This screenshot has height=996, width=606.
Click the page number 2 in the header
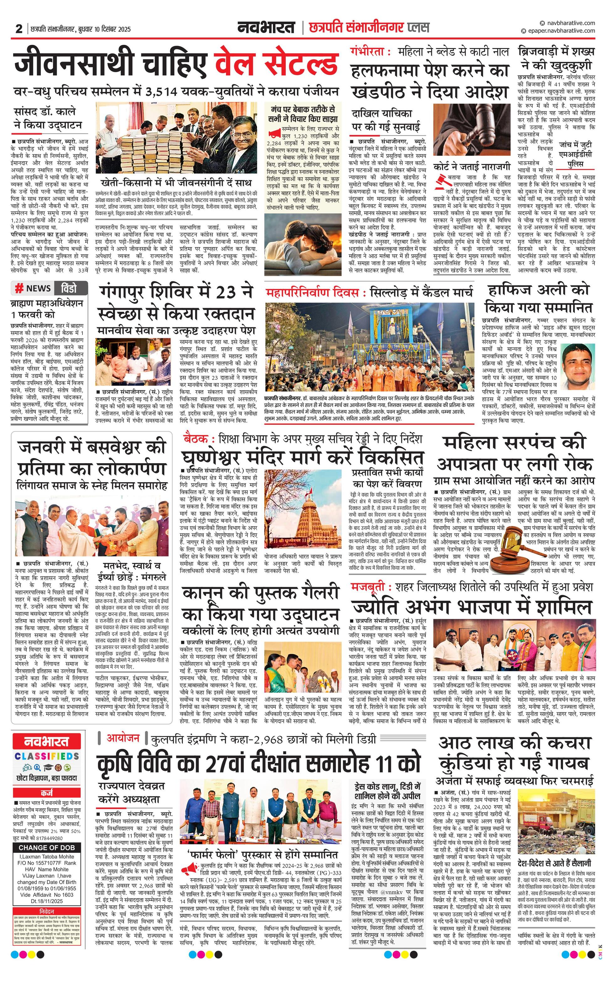pyautogui.click(x=19, y=29)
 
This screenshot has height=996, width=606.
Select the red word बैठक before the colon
pyautogui.click(x=195, y=439)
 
